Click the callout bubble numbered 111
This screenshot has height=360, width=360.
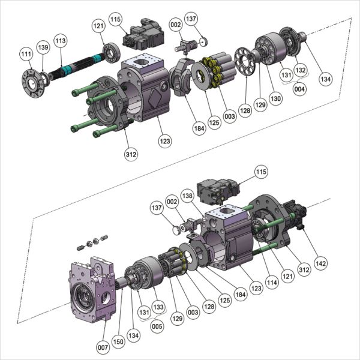26,55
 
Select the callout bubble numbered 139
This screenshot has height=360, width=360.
43,47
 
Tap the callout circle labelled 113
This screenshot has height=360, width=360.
60,40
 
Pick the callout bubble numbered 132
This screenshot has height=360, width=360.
301,70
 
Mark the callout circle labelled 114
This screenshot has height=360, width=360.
273,280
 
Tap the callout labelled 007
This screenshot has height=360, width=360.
103,347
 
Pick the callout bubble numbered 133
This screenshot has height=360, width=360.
158,307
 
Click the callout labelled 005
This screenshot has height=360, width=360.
157,327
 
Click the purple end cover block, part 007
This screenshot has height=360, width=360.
90,288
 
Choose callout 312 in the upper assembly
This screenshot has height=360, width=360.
131,154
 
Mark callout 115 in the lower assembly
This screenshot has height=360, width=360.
260,172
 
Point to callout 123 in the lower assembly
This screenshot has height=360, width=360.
256,289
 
